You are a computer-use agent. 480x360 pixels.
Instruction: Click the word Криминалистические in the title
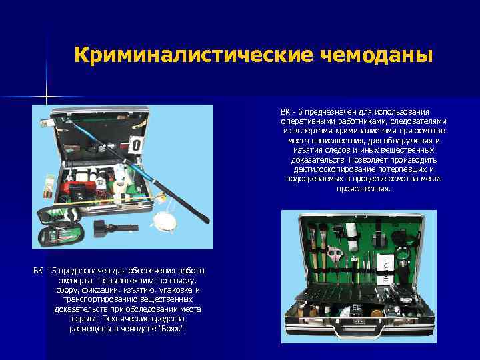click(x=194, y=55)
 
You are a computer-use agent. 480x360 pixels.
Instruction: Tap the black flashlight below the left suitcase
click(x=116, y=228)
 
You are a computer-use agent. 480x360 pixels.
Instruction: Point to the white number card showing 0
click(x=136, y=145)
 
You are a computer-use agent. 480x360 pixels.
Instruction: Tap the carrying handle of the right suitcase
click(x=359, y=330)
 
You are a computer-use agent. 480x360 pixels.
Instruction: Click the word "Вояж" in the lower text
click(x=174, y=329)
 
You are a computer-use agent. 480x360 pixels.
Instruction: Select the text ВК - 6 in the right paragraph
click(x=291, y=112)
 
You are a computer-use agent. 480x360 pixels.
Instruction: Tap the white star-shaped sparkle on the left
click(x=47, y=97)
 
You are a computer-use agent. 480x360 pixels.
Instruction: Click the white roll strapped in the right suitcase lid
click(x=351, y=236)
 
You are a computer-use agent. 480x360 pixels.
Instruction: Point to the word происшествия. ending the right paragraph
click(x=363, y=189)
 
